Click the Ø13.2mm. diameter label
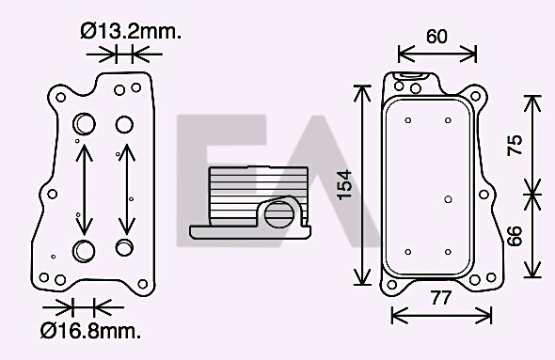pos(131,31)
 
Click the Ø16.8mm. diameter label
pos(90,331)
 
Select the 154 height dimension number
pos(344,185)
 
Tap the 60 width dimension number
pos(436,37)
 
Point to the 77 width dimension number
pos(441,298)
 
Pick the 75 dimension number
pos(515,145)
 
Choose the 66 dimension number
pos(515,236)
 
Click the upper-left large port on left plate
pos(85,124)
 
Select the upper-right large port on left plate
pos(124,124)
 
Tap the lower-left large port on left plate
pos(84,251)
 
